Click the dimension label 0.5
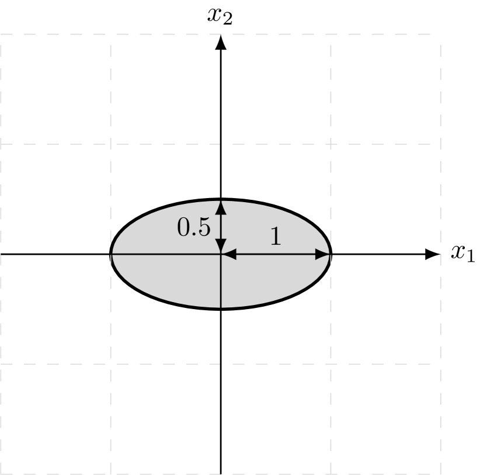[194, 227]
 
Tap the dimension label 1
[276, 237]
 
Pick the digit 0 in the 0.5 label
[184, 227]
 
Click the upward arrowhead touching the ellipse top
[221, 207]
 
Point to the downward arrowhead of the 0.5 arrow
[221, 247]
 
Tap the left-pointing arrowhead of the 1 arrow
[228, 254]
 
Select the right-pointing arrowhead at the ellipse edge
[323, 254]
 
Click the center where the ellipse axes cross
[221, 254]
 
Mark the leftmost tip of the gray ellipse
[112, 254]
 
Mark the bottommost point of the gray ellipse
[221, 307]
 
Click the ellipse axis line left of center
[166, 254]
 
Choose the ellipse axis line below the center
[221, 280]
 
